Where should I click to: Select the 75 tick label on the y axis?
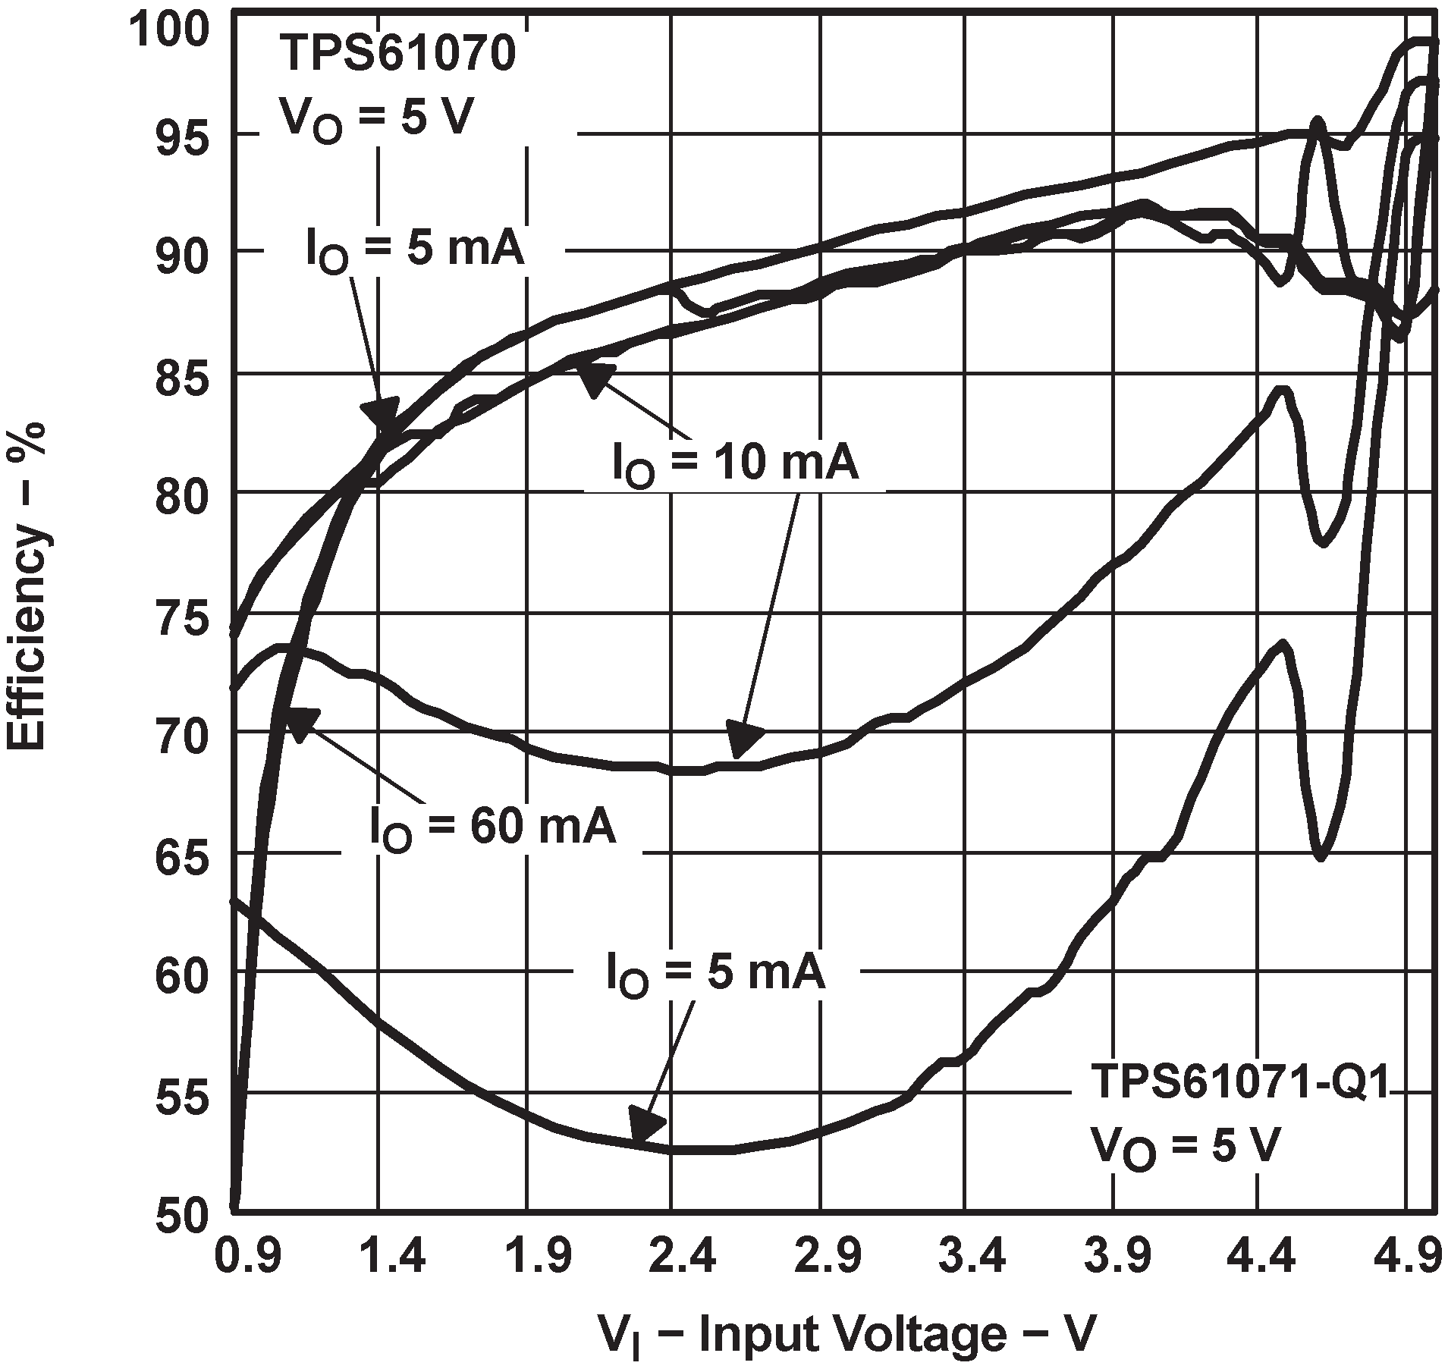(181, 620)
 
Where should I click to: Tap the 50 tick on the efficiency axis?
(181, 1215)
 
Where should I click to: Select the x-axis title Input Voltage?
(846, 1334)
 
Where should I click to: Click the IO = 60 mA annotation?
(492, 827)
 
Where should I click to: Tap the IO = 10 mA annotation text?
(735, 463)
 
